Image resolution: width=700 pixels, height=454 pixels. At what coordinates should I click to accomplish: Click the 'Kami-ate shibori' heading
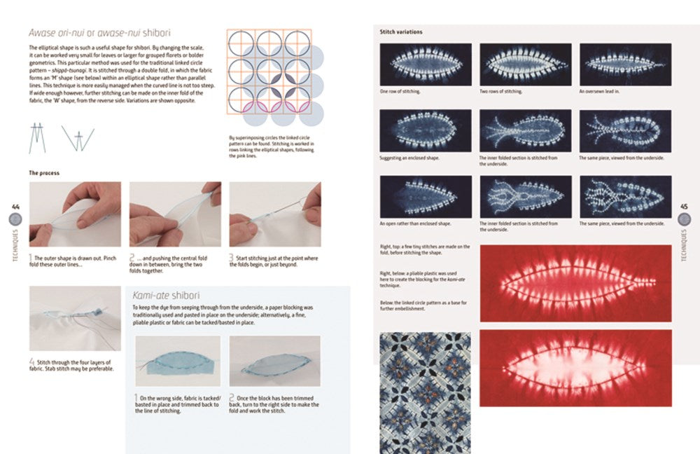167,296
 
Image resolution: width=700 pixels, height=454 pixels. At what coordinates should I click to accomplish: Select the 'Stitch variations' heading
401,32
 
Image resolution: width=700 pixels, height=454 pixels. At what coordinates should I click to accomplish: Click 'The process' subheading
43,172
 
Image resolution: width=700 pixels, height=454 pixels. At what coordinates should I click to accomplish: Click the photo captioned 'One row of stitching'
425,64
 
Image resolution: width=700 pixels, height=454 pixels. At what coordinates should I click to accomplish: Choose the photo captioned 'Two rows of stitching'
525,64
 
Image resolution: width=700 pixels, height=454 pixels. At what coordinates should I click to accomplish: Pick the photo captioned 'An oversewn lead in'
625,64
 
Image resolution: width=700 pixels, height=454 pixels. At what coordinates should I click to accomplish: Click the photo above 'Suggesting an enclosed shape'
425,131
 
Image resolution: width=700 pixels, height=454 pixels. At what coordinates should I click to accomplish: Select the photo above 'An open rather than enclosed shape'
425,196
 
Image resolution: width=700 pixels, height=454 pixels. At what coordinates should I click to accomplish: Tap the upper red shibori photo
575,282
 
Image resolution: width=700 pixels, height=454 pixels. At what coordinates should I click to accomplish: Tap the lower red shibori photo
575,368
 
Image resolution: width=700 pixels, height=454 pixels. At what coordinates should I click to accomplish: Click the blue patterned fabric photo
425,392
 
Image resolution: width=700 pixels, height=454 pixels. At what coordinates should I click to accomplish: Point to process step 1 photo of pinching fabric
75,214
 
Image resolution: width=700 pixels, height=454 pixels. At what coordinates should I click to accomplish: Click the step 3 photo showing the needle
275,214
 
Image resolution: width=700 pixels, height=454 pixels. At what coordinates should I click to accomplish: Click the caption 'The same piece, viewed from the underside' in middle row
622,158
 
